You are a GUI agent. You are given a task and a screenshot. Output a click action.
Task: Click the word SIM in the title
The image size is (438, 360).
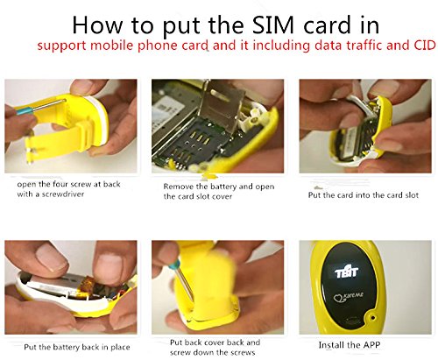[x=272, y=25]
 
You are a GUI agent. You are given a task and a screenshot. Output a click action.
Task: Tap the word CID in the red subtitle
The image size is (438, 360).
[x=425, y=46]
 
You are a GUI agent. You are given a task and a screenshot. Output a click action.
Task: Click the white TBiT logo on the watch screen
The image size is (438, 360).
[x=346, y=272]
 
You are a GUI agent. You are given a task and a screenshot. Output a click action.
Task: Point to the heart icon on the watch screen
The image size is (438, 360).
[x=339, y=299]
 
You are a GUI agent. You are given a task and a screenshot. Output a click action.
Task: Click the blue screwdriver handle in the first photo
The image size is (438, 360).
[x=25, y=111]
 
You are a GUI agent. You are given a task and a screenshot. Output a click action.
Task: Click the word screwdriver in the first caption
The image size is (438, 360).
[x=63, y=194]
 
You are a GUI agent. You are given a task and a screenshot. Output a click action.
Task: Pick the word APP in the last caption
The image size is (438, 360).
[x=371, y=345]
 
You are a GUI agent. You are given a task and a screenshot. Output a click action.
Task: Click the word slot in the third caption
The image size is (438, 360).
[x=412, y=195]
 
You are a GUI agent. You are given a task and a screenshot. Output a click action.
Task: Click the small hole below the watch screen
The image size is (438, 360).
[x=372, y=317]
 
